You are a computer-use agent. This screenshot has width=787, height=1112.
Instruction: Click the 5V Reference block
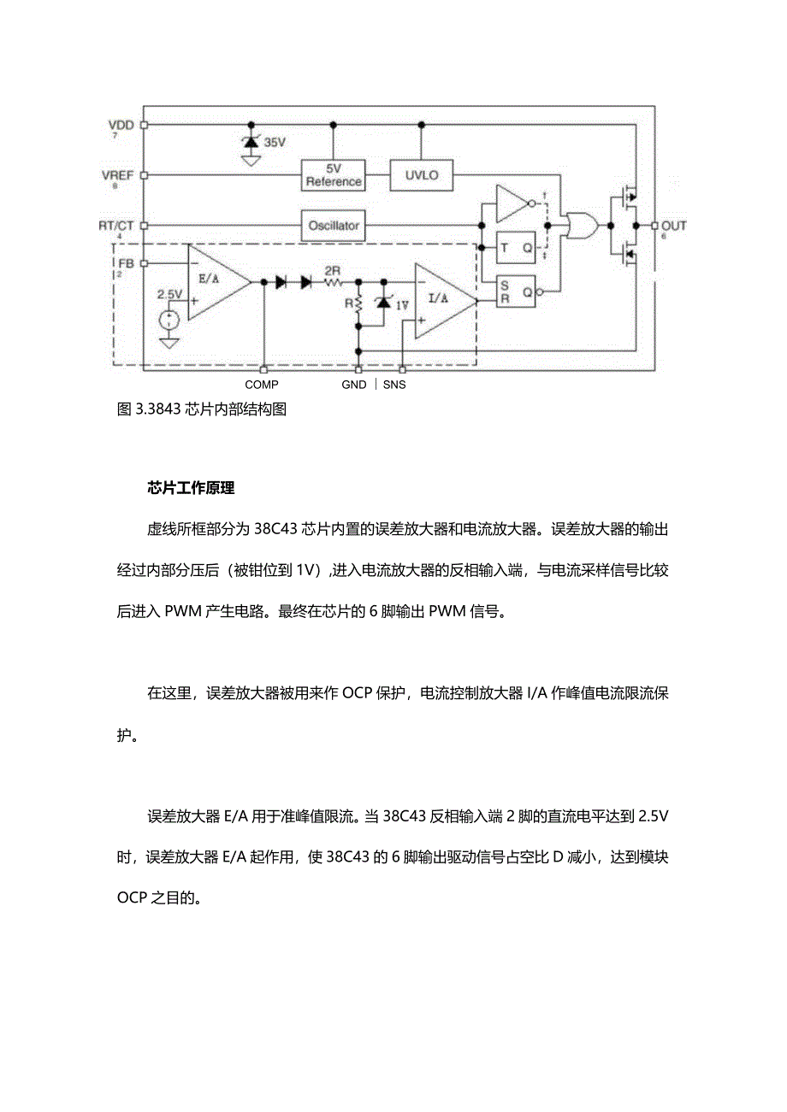pos(334,175)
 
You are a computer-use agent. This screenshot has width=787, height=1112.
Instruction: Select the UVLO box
pos(421,175)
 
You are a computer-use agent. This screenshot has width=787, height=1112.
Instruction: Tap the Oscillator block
pos(334,227)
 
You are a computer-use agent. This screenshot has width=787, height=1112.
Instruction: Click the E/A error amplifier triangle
pos(215,281)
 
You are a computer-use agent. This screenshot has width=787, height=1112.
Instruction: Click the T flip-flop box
pos(516,248)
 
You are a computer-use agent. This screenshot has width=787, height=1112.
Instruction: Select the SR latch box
pos(516,291)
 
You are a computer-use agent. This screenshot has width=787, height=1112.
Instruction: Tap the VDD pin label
pos(122,125)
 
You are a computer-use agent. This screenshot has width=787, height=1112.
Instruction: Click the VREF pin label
pos(118,175)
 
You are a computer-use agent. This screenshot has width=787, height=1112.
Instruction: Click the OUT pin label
pos(674,226)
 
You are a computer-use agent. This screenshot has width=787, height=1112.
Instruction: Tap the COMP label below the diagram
pos(262,385)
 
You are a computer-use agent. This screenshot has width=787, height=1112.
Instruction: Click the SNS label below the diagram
pos(394,385)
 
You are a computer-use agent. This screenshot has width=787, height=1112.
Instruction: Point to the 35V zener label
pos(275,143)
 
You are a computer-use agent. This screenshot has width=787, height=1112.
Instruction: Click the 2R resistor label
pos(333,271)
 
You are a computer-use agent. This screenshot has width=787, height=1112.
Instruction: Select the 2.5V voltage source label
pos(170,294)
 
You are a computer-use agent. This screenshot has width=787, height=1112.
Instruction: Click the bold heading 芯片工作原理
pos(191,489)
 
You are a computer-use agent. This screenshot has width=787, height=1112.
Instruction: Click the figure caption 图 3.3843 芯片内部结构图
pos(202,409)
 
